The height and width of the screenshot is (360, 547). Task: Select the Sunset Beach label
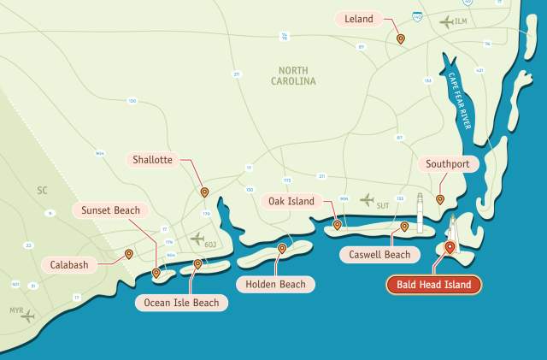[111, 210]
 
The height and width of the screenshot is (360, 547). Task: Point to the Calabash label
[69, 264]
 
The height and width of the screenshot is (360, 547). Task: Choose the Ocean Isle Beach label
[181, 302]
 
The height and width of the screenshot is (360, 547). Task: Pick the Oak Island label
[291, 202]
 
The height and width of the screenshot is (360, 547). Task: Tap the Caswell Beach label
[379, 254]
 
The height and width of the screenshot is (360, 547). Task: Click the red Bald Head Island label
[433, 285]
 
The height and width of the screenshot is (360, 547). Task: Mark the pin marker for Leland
[400, 38]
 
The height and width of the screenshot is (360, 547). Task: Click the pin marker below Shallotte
[204, 192]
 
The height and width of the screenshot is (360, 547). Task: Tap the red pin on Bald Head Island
[450, 248]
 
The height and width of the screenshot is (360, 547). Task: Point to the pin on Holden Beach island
[282, 249]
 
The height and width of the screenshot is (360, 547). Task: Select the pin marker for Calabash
[128, 253]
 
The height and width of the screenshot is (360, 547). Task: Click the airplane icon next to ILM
[447, 21]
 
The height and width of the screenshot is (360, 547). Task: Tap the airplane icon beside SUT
[367, 200]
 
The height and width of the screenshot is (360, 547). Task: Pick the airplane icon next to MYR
[28, 316]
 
